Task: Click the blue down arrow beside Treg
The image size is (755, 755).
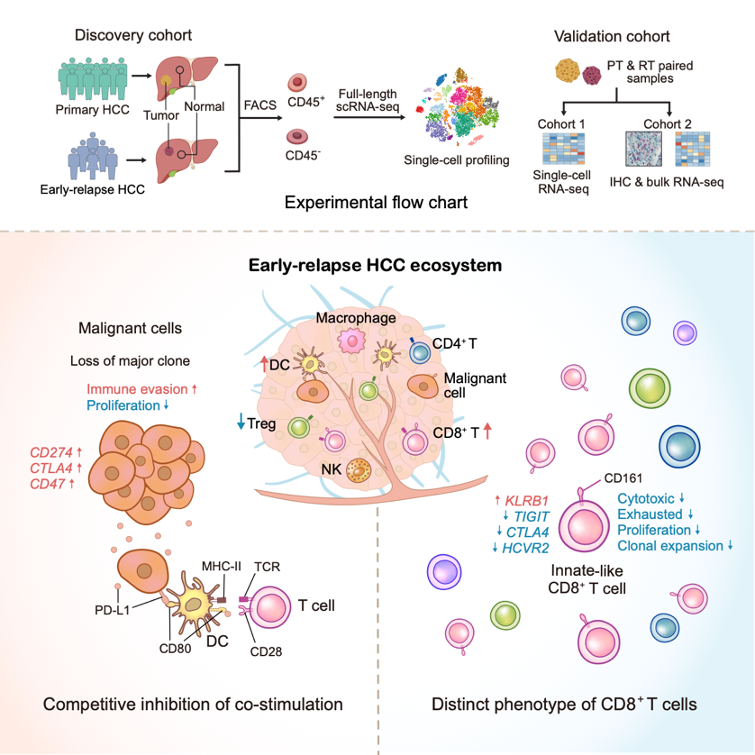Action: pyautogui.click(x=241, y=422)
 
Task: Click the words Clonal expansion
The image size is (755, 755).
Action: pyautogui.click(x=670, y=546)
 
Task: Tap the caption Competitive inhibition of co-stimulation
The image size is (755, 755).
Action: pyautogui.click(x=179, y=704)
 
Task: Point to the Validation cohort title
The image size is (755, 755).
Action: pyautogui.click(x=612, y=37)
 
